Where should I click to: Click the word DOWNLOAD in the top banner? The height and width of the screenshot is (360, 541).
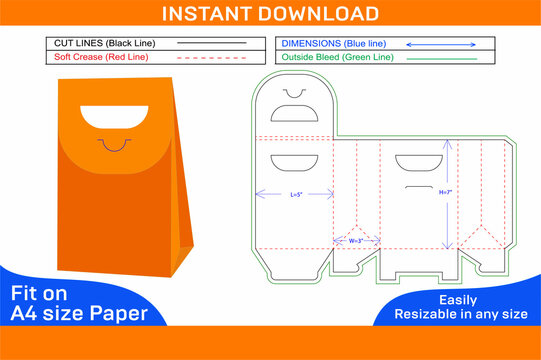point(321,13)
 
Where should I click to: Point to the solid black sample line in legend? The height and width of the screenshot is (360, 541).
point(212,44)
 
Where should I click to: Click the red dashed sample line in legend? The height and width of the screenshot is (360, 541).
point(212,58)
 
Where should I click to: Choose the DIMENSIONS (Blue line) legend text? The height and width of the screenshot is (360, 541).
point(333,44)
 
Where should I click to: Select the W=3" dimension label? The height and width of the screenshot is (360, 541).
point(356,240)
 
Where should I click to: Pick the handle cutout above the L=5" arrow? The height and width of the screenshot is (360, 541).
point(294,162)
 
